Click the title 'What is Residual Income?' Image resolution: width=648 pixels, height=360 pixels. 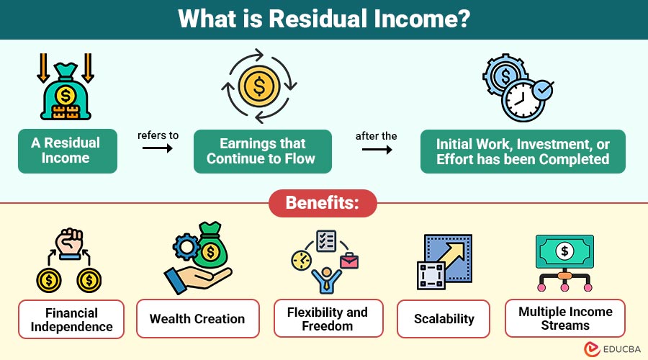coord(324,19)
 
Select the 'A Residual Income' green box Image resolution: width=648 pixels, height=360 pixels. coord(66,150)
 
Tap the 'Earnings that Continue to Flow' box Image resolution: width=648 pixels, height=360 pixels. coord(262,151)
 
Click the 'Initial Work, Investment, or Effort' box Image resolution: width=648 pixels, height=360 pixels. coord(523,151)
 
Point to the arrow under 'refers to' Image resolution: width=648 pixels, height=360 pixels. coord(158,149)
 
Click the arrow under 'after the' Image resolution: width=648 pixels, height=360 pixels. coord(377,149)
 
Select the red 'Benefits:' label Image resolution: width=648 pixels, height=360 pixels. coord(323,203)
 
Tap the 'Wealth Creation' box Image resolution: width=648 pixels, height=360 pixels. coord(197,319)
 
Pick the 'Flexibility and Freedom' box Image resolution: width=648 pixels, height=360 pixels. coord(328,319)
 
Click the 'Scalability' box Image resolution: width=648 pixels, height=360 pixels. coord(444,319)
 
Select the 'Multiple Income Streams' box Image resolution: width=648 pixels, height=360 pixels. coord(565,319)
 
